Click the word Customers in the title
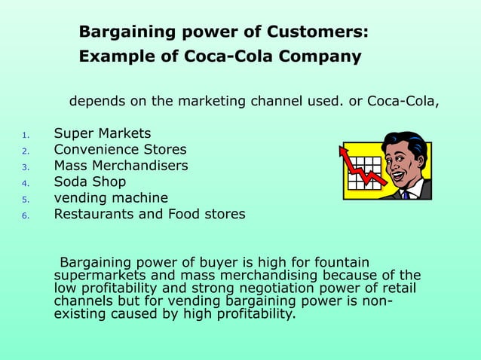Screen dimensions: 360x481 (320, 32)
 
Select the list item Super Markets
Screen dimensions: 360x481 (102, 133)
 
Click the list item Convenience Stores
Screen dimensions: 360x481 (120, 149)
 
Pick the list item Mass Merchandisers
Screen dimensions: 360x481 (121, 166)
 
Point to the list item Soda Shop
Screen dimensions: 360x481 (90, 182)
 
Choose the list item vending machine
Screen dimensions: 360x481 (111, 198)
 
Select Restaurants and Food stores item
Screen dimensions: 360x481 (149, 214)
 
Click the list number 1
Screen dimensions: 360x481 (25, 136)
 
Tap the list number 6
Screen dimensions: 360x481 (25, 215)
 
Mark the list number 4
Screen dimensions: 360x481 (25, 183)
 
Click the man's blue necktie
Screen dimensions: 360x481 (406, 194)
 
